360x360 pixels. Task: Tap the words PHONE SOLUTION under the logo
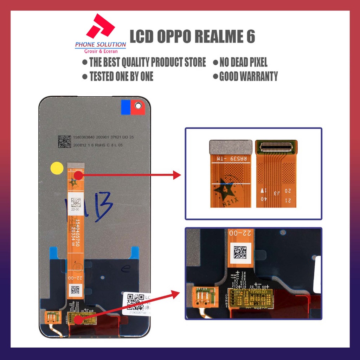pyautogui.click(x=101, y=45)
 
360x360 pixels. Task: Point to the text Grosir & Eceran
pyautogui.click(x=101, y=51)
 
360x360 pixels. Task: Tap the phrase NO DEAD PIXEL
pyautogui.click(x=243, y=63)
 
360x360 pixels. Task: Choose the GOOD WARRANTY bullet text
pyautogui.click(x=248, y=76)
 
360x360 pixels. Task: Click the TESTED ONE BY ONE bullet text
pyautogui.click(x=121, y=76)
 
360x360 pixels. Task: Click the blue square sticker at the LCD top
pyautogui.click(x=126, y=107)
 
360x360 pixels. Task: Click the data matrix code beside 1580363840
pyautogui.click(x=64, y=141)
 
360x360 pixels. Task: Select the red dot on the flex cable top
pyautogui.click(x=78, y=175)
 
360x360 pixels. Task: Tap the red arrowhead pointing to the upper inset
pyautogui.click(x=177, y=174)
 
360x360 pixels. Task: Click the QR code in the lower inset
pyautogui.click(x=240, y=252)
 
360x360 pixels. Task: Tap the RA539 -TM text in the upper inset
pyautogui.click(x=230, y=159)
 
